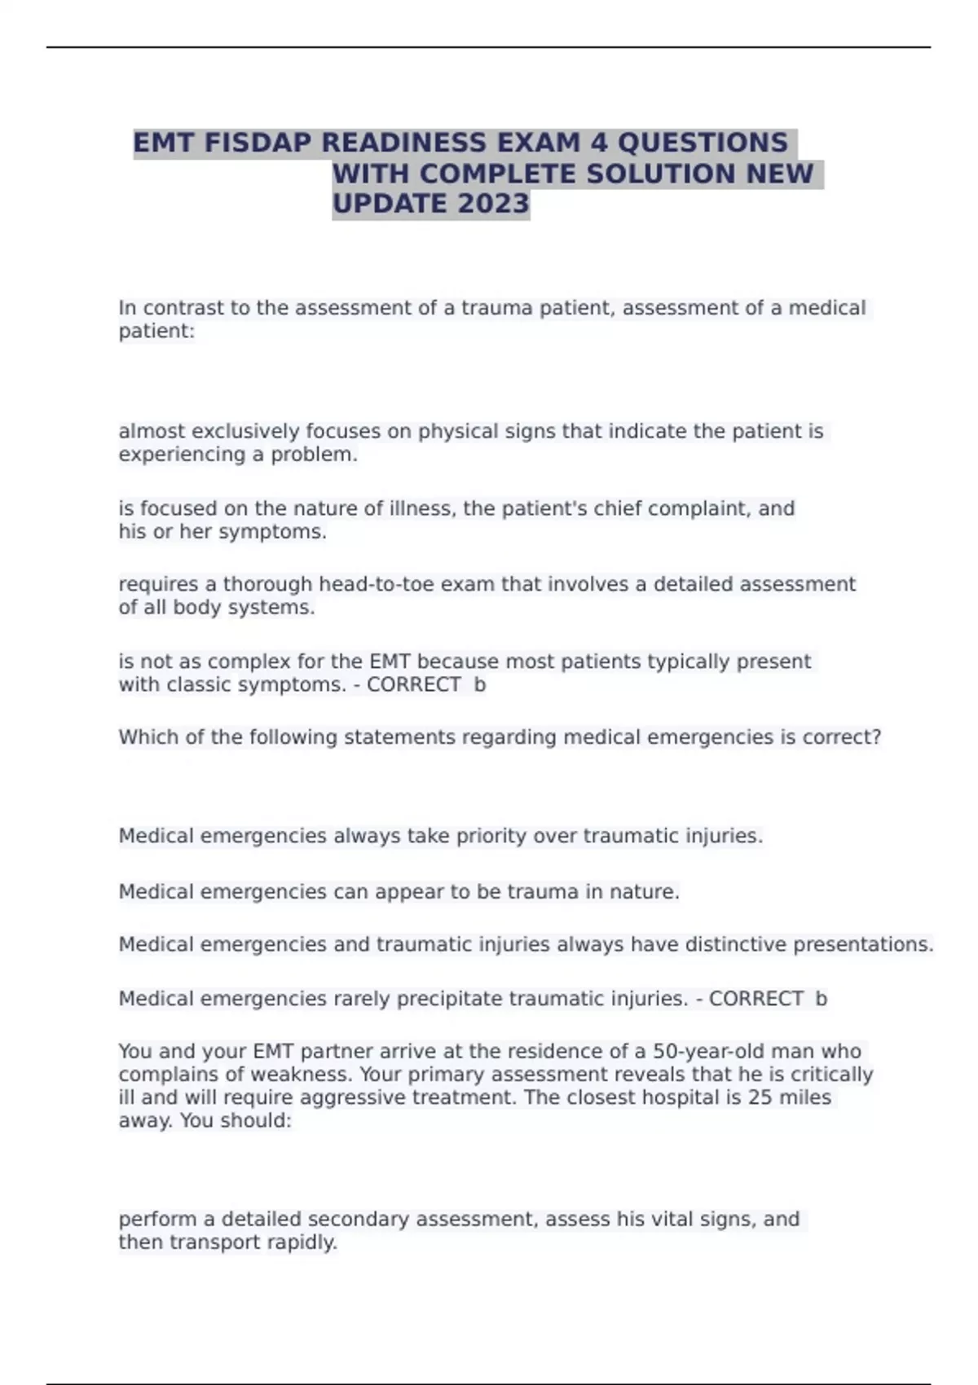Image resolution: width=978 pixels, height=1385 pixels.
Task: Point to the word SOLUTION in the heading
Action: tap(661, 174)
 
